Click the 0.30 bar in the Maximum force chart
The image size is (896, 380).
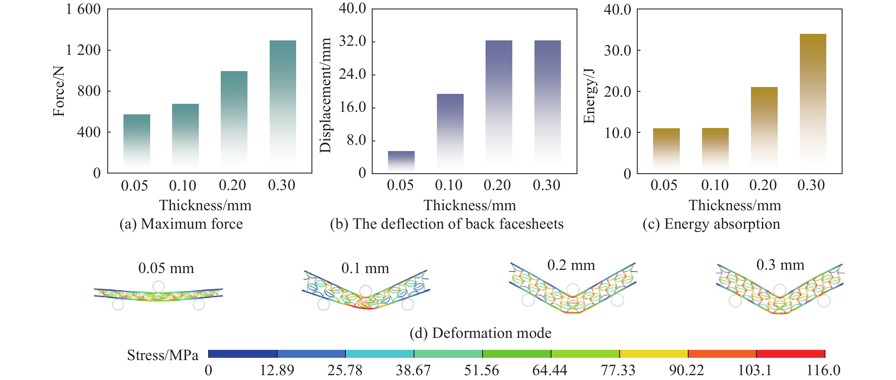click(282, 104)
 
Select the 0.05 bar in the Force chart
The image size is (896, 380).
click(137, 142)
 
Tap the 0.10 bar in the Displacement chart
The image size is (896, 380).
click(450, 132)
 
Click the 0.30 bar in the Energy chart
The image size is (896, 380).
click(813, 101)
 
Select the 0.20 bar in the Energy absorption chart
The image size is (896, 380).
click(764, 129)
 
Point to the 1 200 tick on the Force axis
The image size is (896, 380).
click(83, 50)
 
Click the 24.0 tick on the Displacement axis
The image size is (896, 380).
click(352, 74)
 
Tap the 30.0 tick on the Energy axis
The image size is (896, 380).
click(618, 51)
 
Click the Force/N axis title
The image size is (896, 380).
click(59, 91)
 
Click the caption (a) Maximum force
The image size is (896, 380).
click(181, 224)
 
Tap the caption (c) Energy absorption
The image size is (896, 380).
click(711, 224)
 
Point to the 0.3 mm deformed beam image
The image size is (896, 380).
click(780, 292)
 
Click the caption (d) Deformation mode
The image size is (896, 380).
click(480, 333)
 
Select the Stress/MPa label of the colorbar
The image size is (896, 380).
click(162, 355)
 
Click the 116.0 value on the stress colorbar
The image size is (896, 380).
click(823, 370)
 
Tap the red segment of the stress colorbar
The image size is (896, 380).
click(790, 354)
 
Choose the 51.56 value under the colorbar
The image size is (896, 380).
click(481, 370)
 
